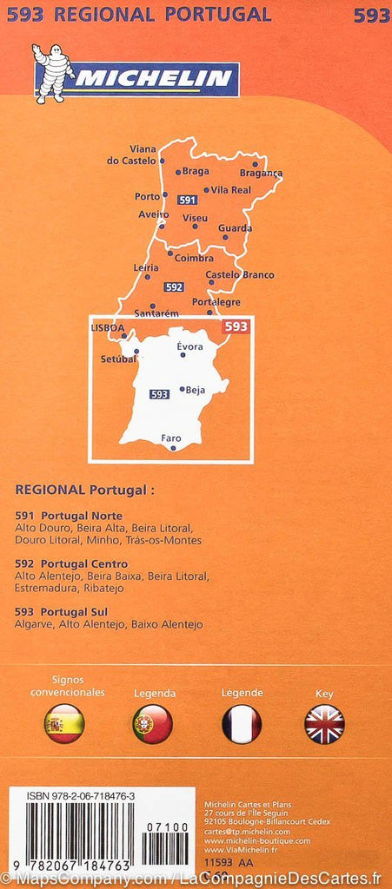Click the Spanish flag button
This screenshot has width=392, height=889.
pos(64,723)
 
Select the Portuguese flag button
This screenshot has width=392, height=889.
pos(152,723)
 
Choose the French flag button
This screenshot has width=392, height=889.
pos(242,723)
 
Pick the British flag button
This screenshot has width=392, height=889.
pos(324,723)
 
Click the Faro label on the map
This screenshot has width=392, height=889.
pos(171,438)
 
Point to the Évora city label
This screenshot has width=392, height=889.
pos(189,346)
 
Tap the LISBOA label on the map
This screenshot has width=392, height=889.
pos(108,327)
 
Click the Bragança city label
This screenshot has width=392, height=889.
pos(262,173)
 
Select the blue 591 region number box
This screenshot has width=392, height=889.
pos(187,200)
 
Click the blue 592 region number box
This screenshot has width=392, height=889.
pos(174,286)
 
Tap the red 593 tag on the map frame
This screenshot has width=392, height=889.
pos(236,326)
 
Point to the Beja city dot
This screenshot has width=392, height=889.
pos(181,390)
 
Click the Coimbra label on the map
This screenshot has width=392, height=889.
pos(194,258)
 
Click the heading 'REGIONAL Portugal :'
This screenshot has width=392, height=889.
pos(84,490)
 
